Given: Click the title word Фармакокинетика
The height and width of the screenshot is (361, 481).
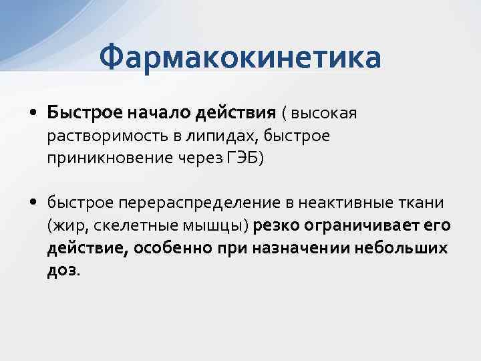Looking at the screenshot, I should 240,57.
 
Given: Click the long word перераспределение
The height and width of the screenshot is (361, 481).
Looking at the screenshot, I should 170,203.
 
